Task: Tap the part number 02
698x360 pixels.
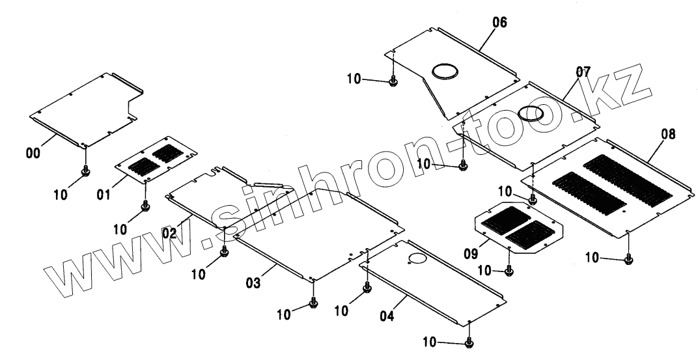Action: coord(170,232)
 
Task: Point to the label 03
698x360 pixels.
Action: coord(253,283)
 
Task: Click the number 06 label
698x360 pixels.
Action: coord(499,23)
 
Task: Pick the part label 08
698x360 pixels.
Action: coord(667,135)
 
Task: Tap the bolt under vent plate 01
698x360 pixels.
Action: coord(145,207)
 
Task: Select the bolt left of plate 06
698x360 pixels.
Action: coord(393,81)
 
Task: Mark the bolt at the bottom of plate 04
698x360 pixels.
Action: coord(469,342)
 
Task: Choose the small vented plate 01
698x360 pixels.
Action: coord(156,160)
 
